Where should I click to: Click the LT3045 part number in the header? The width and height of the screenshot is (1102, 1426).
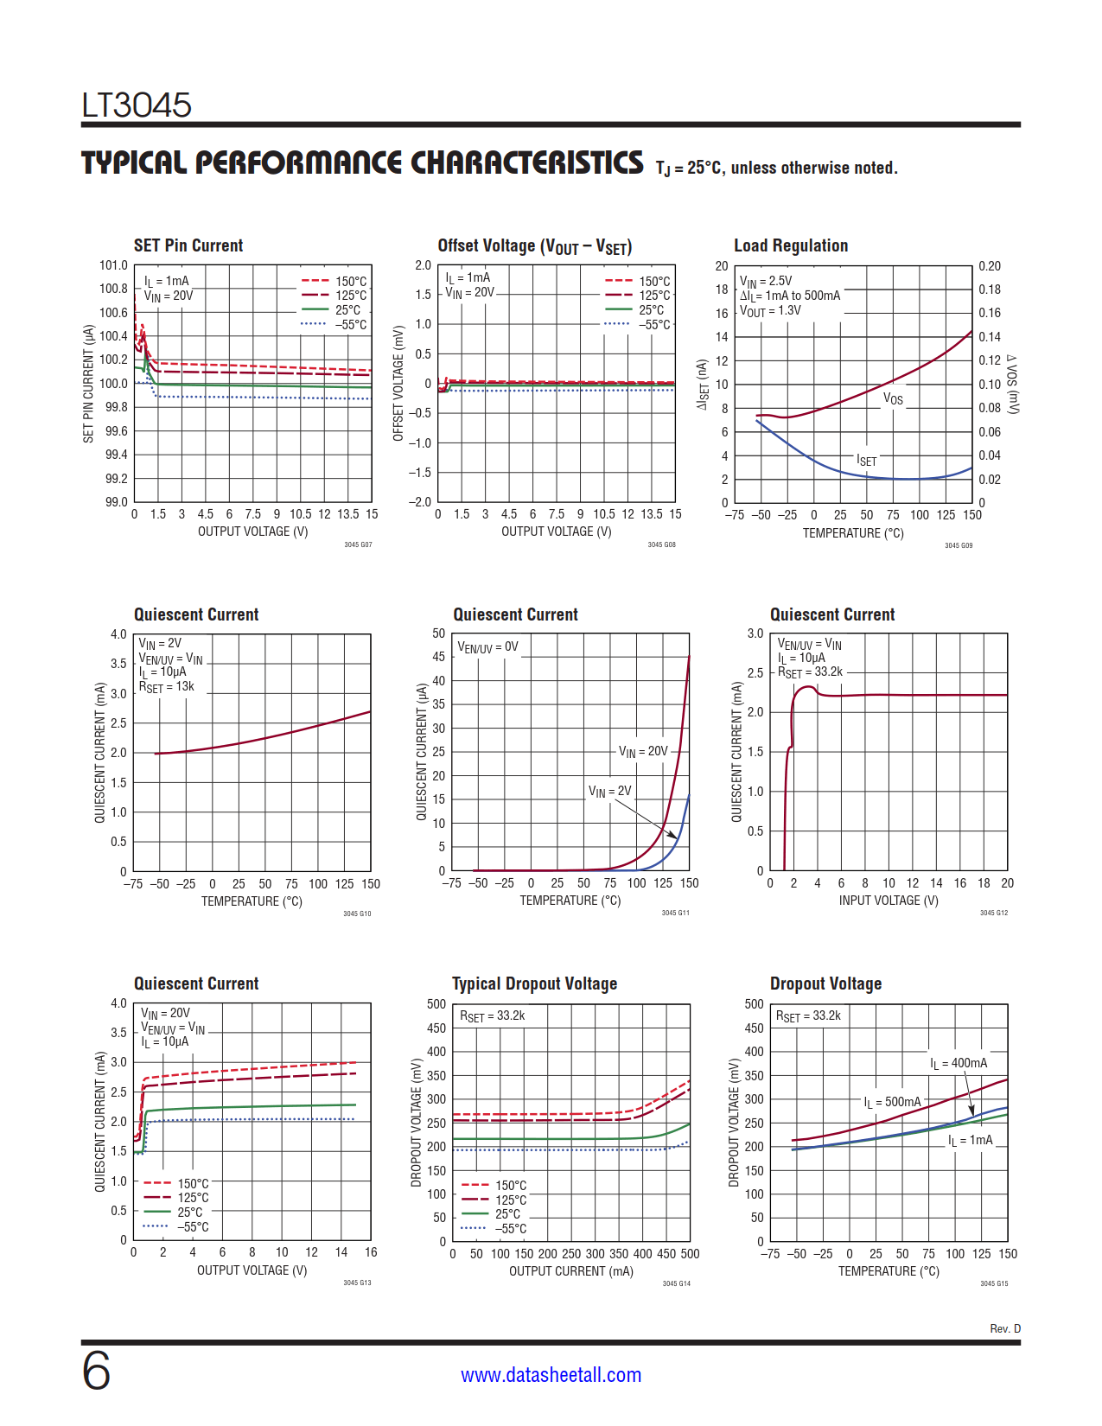point(137,105)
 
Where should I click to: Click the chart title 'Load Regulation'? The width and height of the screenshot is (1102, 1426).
point(791,245)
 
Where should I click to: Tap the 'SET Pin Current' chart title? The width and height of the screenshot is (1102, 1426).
point(188,245)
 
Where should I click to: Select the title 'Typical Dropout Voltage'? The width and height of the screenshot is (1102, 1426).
point(534,984)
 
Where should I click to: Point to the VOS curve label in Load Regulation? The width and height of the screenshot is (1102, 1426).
point(893,398)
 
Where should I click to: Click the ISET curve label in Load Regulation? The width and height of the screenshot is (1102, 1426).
point(866,461)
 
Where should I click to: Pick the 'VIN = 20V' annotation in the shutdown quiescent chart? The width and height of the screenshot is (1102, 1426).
point(643,752)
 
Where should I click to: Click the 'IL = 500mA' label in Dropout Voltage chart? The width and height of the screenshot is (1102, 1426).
point(892,1102)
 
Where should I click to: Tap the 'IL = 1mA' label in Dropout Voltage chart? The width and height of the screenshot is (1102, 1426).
point(971,1141)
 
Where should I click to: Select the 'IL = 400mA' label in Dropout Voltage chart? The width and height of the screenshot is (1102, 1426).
point(959,1064)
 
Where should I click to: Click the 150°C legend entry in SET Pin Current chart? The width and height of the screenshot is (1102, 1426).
point(351,282)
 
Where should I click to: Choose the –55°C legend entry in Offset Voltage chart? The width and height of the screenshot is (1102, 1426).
point(654,325)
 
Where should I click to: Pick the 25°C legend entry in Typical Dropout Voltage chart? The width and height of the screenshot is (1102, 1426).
point(507,1214)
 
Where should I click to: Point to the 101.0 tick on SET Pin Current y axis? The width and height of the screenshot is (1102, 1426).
point(113,265)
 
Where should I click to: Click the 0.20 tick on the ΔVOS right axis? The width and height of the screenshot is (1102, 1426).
point(990,266)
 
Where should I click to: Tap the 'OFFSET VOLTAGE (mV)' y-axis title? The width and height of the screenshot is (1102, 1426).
point(398,384)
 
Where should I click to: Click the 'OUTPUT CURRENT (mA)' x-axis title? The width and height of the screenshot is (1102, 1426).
point(570,1271)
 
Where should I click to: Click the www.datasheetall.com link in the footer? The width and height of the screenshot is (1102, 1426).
point(551,1375)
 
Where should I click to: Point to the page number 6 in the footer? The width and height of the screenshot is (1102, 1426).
point(96,1372)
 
